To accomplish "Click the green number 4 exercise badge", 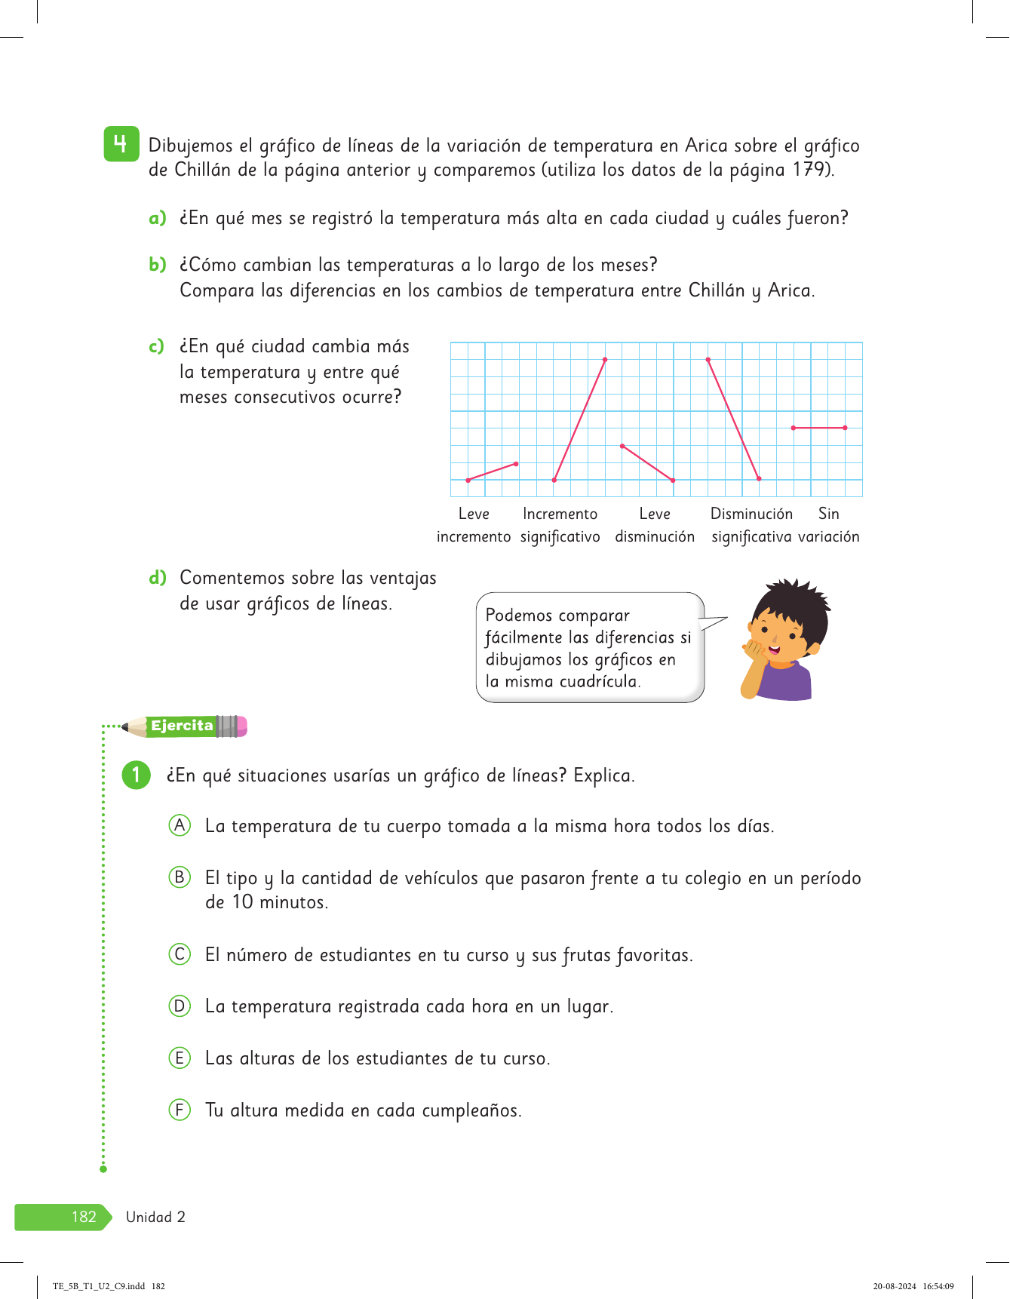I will pyautogui.click(x=121, y=143).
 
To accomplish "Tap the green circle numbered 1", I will pyautogui.click(x=136, y=775).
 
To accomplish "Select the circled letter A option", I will pyautogui.click(x=180, y=825).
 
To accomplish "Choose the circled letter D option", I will pyautogui.click(x=180, y=1006).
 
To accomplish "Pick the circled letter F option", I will pyautogui.click(x=180, y=1110).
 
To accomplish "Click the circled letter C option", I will pyautogui.click(x=180, y=954).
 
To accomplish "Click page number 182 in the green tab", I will pyautogui.click(x=83, y=1216).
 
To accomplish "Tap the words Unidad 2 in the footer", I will pyautogui.click(x=155, y=1217).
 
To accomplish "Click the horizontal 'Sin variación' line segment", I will pyautogui.click(x=818, y=428).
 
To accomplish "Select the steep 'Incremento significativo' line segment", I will pyautogui.click(x=580, y=419).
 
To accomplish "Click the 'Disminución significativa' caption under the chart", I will pyautogui.click(x=751, y=525).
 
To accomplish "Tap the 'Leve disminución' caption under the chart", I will pyautogui.click(x=655, y=525).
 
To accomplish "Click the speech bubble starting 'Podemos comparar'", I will pyautogui.click(x=589, y=648).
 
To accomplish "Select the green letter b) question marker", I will pyautogui.click(x=157, y=264).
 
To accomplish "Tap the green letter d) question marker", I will pyautogui.click(x=157, y=578).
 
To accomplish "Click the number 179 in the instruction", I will pyautogui.click(x=812, y=170).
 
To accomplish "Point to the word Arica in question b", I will pyautogui.click(x=789, y=290).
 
